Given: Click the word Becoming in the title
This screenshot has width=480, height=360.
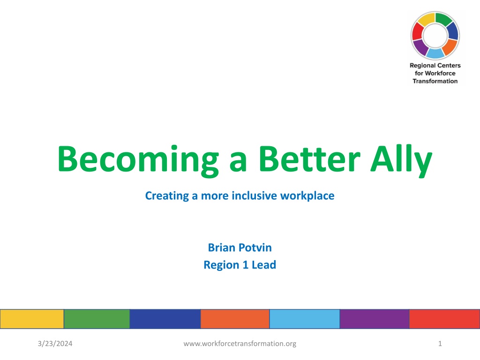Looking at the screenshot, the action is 138,160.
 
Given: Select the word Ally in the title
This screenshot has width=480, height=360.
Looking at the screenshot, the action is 401,161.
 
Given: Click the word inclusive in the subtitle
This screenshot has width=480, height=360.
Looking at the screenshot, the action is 255,195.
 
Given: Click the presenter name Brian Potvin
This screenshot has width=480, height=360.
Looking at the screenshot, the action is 240,247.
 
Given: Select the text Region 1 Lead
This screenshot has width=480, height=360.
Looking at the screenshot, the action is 240,265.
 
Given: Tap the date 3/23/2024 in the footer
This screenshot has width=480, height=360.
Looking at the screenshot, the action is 55,344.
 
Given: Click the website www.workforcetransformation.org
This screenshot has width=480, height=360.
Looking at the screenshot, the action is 240,344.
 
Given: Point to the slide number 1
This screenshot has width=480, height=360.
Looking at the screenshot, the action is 440,344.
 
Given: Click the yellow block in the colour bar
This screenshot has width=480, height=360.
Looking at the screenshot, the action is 32,319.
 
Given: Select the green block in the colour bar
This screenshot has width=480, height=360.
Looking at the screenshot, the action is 97,319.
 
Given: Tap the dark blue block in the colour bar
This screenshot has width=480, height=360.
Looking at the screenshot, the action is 165,319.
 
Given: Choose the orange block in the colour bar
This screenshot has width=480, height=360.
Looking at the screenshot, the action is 235,319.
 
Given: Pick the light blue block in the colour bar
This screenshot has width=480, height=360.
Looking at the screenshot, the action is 305,319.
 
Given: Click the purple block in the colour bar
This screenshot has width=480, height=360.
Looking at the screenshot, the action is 375,319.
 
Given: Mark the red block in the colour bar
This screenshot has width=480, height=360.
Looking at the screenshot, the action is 444,319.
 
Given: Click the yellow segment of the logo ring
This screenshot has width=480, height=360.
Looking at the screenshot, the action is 427,19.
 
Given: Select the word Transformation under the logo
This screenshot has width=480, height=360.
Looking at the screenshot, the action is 435,81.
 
